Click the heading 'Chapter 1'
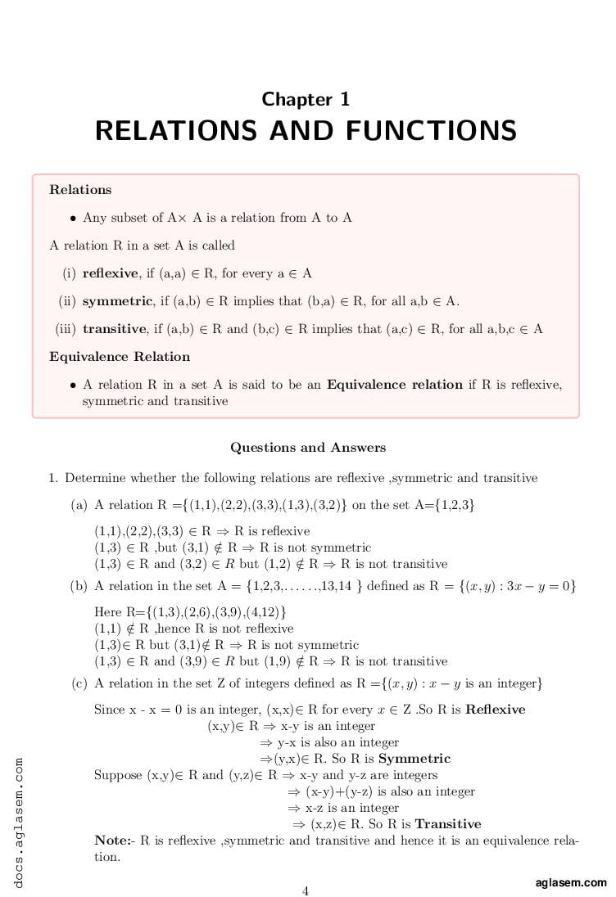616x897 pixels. tap(306, 100)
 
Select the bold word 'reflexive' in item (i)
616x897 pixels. tap(111, 273)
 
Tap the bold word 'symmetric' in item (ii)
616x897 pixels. tap(118, 301)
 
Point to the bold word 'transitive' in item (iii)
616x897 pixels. tap(115, 329)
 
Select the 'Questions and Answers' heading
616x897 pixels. tap(307, 448)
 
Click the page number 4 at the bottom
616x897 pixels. tap(306, 891)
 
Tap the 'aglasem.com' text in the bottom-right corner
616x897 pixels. tap(571, 882)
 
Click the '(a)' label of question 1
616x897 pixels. tap(79, 506)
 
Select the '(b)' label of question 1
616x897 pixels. tap(79, 586)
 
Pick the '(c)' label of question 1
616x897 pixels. tap(79, 683)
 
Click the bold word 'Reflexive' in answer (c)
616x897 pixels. tap(496, 710)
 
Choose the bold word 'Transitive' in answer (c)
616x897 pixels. tap(448, 824)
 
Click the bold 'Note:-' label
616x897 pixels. tap(115, 841)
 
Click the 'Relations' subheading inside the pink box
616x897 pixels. tap(80, 190)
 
